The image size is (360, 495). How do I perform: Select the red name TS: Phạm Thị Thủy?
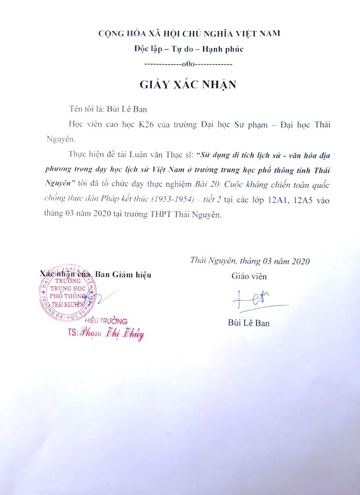tap(106, 334)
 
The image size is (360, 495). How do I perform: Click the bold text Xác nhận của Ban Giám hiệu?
tap(95, 274)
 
